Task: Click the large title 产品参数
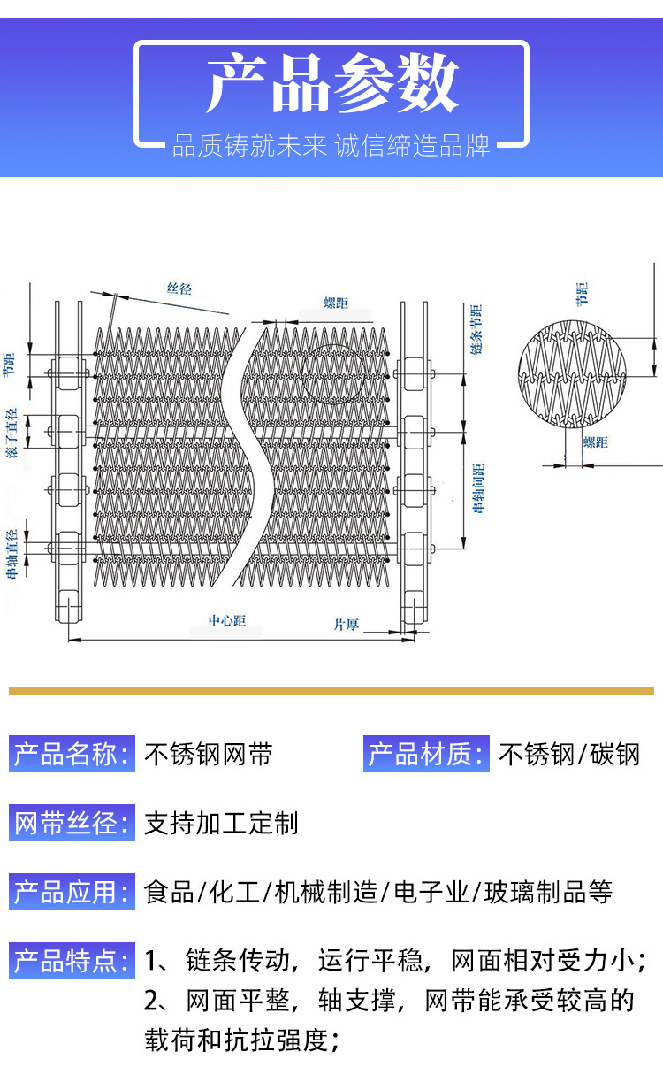click(331, 84)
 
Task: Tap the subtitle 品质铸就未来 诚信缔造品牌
click(331, 145)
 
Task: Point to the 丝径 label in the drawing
click(179, 288)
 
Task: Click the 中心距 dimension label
click(226, 621)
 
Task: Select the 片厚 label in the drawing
click(346, 625)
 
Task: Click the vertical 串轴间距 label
click(478, 488)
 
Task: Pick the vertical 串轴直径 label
click(11, 554)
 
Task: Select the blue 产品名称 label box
click(72, 755)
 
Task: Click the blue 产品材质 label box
click(426, 755)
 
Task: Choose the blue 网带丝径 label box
click(72, 823)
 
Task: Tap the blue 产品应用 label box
click(72, 892)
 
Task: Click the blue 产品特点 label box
click(72, 961)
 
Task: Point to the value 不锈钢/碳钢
click(569, 755)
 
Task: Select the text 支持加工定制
click(222, 824)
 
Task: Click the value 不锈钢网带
click(209, 755)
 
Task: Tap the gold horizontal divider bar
click(331, 690)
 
